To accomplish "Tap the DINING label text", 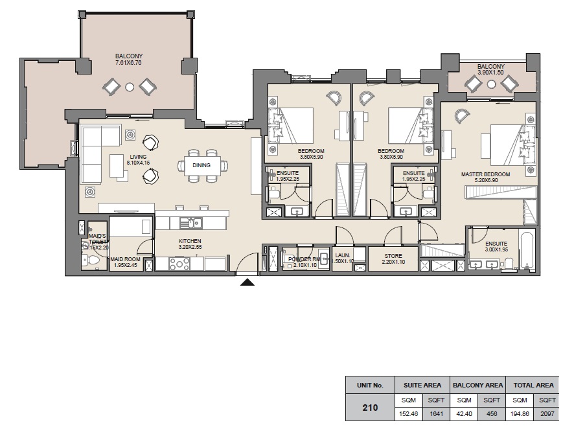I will click(x=202, y=165).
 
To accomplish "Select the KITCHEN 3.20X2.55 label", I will click(x=190, y=244).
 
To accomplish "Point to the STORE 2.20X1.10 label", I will click(x=393, y=259).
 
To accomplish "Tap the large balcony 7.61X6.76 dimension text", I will click(x=129, y=63).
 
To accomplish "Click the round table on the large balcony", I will click(x=130, y=86).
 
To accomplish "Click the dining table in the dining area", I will click(x=202, y=165).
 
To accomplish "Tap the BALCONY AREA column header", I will click(x=477, y=385).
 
